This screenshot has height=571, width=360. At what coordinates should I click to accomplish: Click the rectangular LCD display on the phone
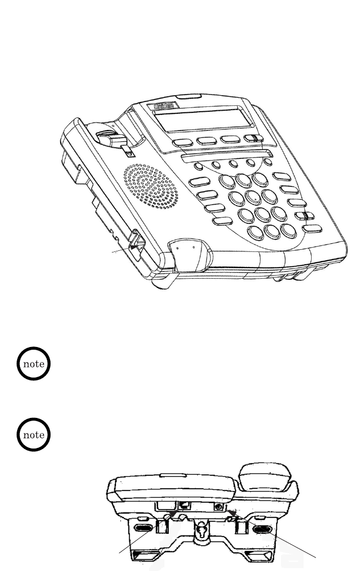point(201,120)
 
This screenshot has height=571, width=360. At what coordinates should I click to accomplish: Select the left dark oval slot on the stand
point(142,528)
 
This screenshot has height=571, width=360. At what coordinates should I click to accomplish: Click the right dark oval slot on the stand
point(264,528)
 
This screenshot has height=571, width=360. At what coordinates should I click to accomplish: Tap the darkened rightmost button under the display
point(253,139)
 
